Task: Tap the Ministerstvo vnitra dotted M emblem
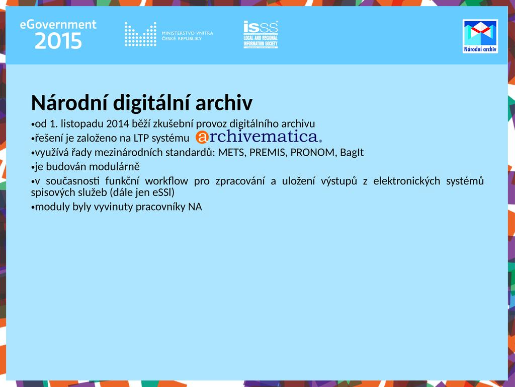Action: coord(141,34)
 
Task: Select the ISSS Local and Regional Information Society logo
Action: coord(261,35)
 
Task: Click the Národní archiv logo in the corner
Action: coord(480,36)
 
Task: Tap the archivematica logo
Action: coord(259,137)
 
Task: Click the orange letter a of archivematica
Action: coord(202,137)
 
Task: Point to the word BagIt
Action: coord(352,153)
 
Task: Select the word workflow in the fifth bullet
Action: coord(166,181)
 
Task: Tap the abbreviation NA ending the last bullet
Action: coord(195,207)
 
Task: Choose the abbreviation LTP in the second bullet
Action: coord(141,138)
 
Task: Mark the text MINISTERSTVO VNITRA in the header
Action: coord(188,33)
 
